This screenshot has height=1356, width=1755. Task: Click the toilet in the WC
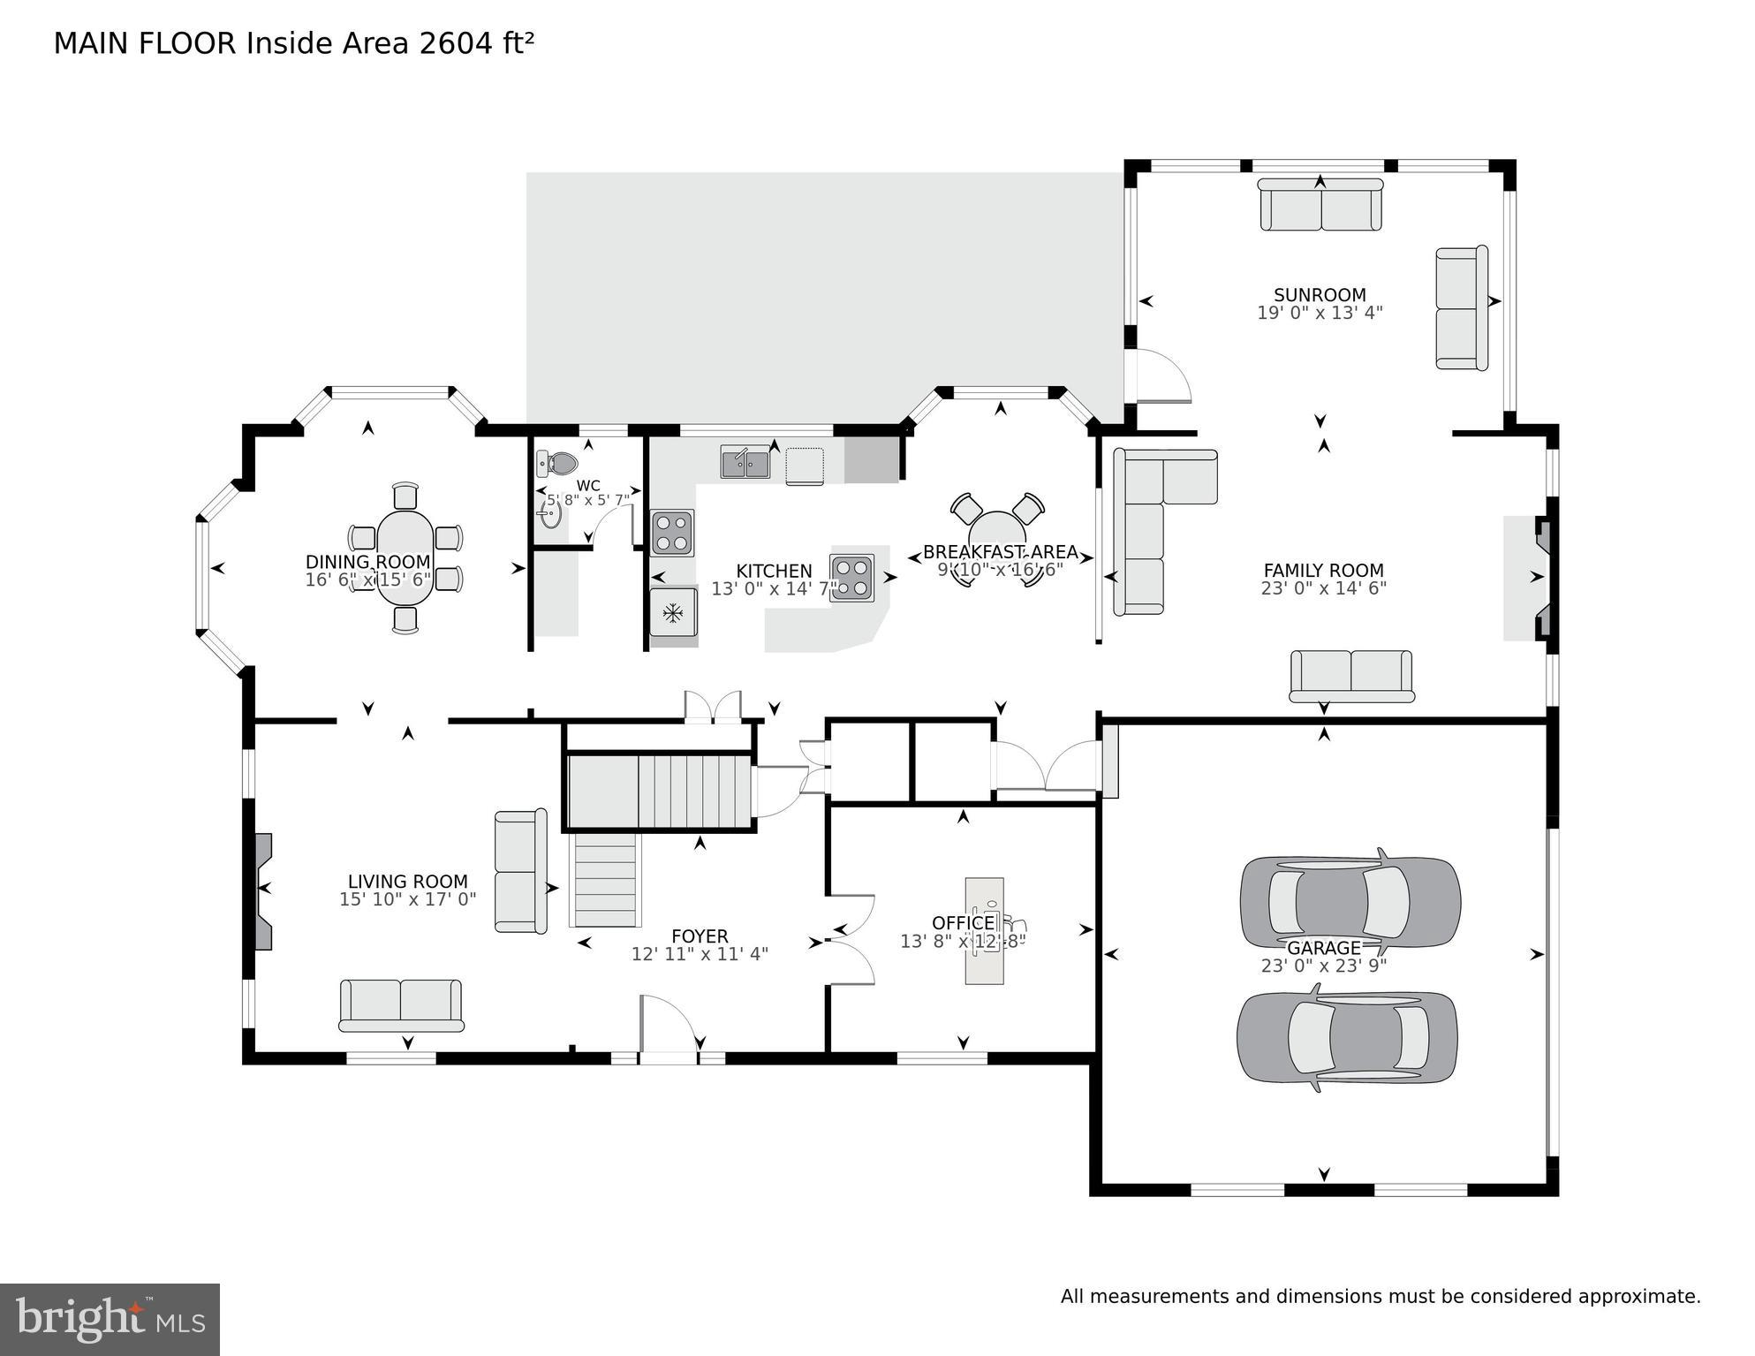[557, 463]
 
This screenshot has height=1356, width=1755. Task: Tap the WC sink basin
[550, 513]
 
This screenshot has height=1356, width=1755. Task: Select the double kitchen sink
[745, 462]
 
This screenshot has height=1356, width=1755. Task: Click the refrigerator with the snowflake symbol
[673, 611]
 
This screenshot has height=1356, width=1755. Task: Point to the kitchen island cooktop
[852, 578]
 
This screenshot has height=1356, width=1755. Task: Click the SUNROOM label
[1320, 295]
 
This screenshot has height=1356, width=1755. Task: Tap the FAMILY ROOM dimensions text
[1323, 588]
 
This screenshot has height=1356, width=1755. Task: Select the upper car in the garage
[1350, 901]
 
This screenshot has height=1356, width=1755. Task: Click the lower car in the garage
[1347, 1037]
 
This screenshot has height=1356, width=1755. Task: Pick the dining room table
[405, 557]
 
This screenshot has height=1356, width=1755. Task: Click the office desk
[984, 930]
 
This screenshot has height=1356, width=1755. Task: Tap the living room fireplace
[262, 890]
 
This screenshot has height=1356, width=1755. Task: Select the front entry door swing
[669, 1025]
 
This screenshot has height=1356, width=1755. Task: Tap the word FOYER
[700, 936]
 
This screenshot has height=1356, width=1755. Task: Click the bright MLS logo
[110, 1318]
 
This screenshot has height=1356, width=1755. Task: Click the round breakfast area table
[997, 536]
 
